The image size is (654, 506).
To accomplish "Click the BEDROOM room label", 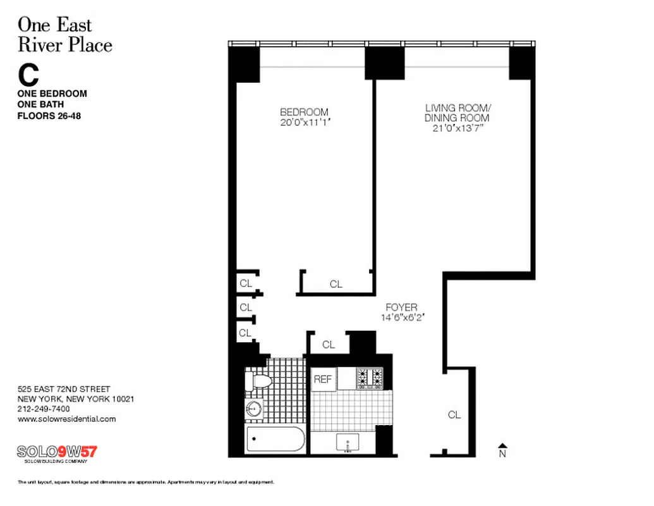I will coord(304,112).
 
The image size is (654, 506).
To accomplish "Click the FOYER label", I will coord(401,307).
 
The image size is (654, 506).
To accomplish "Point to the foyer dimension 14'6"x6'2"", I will coord(401,318).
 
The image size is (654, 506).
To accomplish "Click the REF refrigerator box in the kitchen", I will coord(323,379).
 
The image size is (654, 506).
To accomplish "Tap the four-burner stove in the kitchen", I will coord(370,378).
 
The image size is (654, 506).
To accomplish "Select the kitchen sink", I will coord(348,443).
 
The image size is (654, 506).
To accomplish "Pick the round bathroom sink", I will coord(255,409).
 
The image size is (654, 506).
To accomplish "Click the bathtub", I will coord(275,440).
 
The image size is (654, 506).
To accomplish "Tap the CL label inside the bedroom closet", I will coord(336,285).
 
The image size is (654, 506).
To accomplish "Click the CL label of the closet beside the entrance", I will coord(454,415).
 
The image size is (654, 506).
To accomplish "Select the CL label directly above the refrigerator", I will coord(329,345).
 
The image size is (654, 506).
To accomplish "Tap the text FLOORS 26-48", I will coord(49,116).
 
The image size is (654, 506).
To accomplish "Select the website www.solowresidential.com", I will coord(66,419).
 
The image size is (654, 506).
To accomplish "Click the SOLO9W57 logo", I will coord(57,452).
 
